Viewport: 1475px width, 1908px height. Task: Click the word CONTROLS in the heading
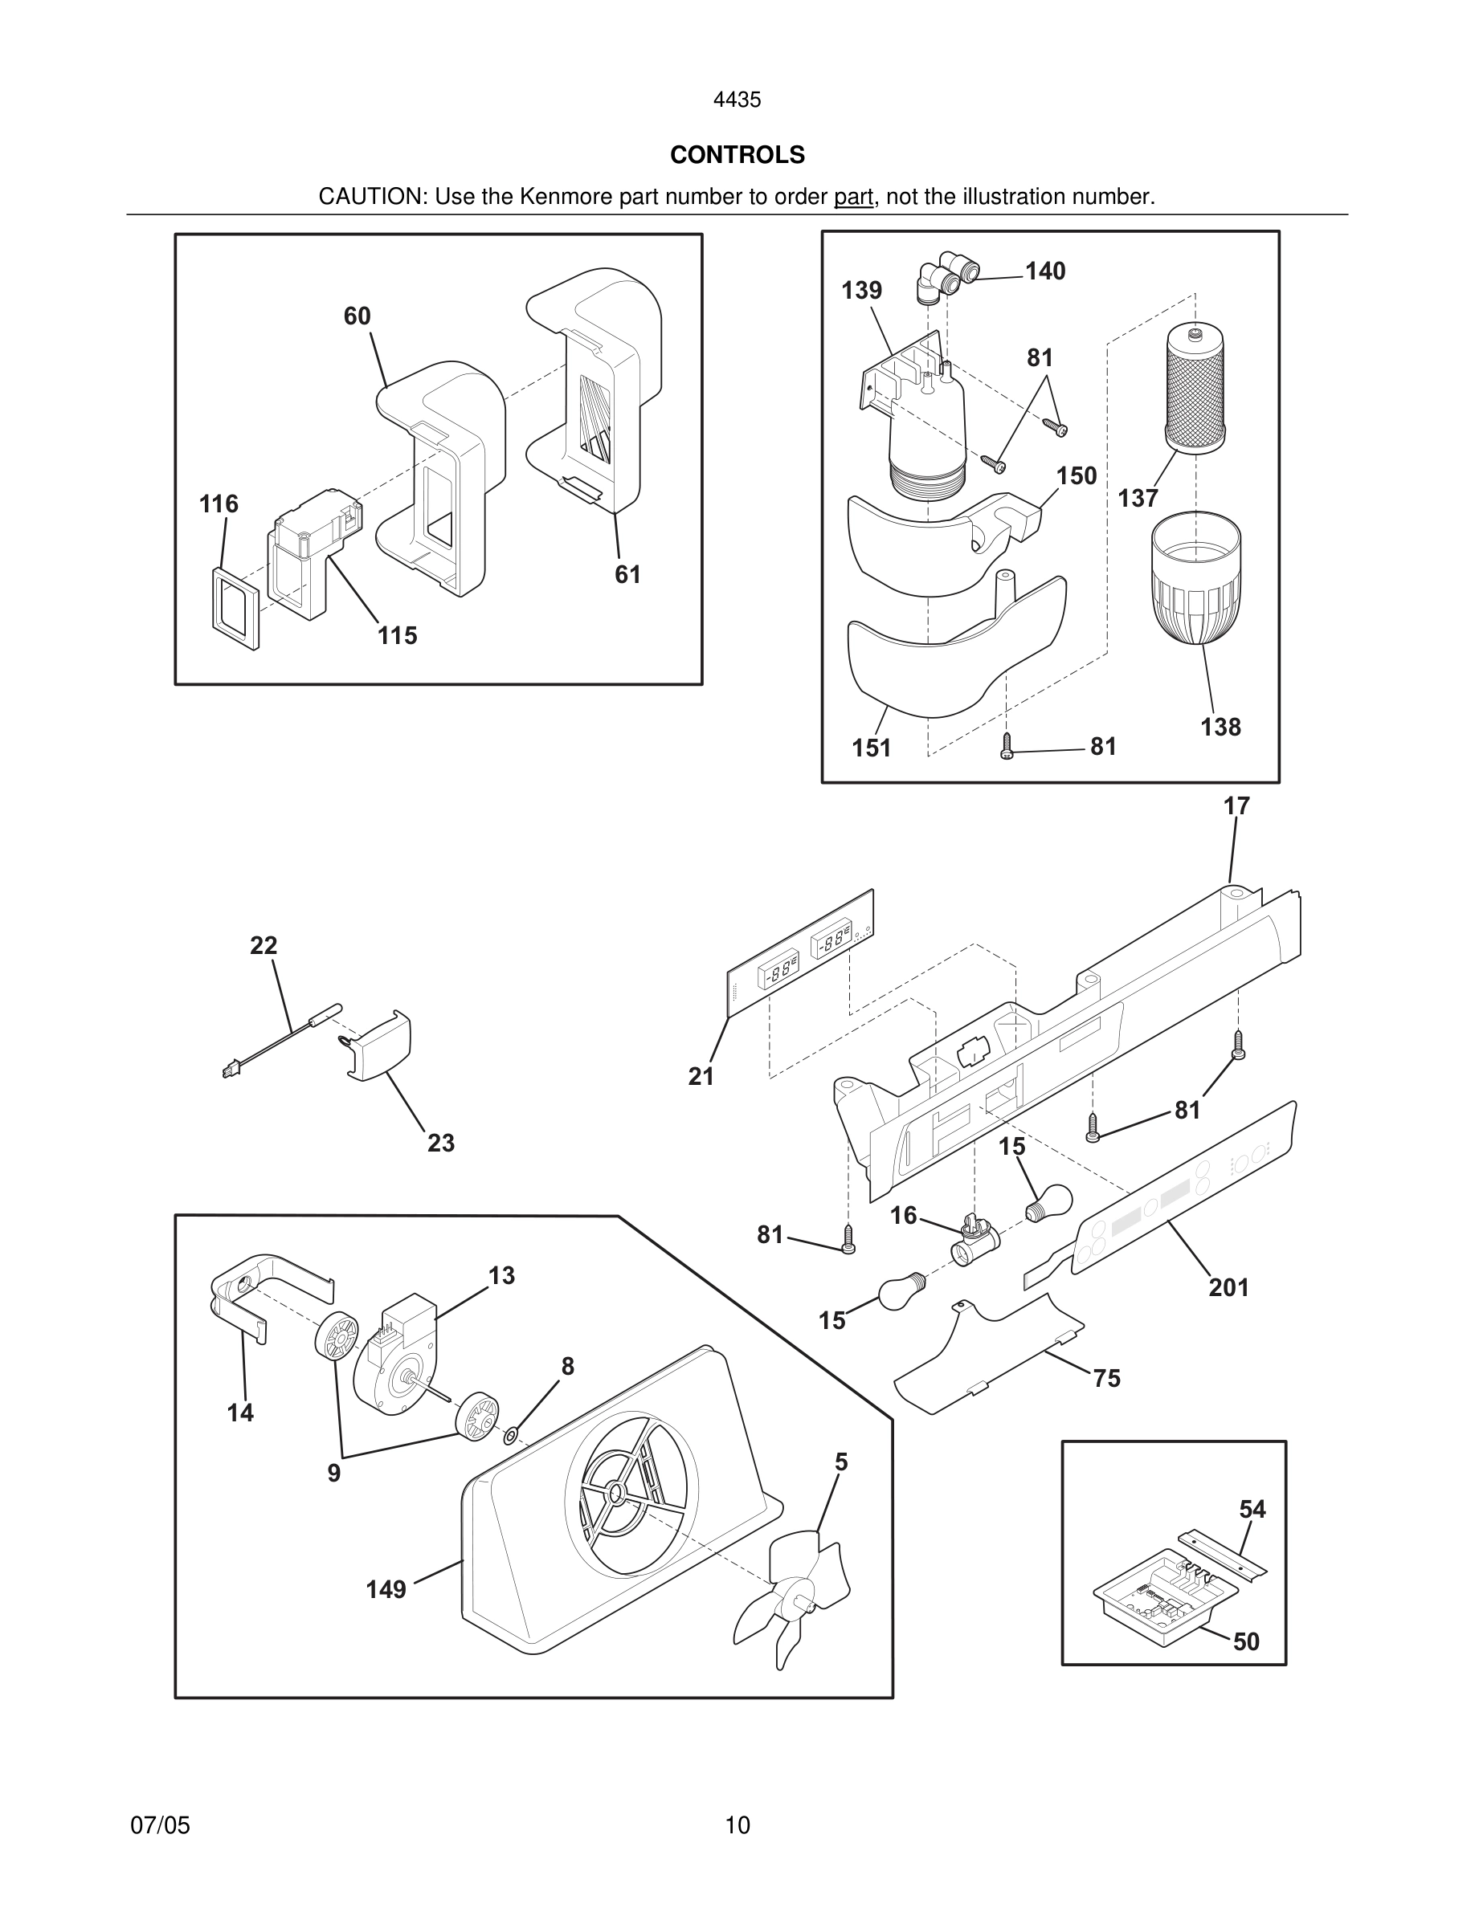click(737, 155)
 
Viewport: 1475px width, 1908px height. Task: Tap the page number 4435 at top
click(737, 100)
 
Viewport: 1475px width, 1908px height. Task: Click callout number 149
click(386, 1589)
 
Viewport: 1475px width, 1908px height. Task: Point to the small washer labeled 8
click(512, 1433)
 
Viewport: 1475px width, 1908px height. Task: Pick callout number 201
click(1228, 1286)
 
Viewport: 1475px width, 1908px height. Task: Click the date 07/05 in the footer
click(160, 1825)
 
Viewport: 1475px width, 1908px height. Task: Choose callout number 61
click(627, 575)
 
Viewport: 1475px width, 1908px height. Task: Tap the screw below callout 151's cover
click(1006, 747)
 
